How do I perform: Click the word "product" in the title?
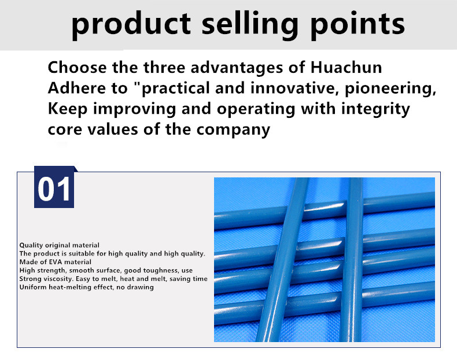131,25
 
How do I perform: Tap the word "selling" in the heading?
250,25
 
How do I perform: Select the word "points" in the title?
358,25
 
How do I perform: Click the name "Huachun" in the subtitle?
346,67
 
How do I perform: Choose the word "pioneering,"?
390,89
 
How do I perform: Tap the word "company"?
233,130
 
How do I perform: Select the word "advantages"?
237,68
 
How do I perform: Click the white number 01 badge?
54,187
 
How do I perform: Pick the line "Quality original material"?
60,245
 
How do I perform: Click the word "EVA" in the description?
56,262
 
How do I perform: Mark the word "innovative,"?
294,88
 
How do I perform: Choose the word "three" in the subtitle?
164,67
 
